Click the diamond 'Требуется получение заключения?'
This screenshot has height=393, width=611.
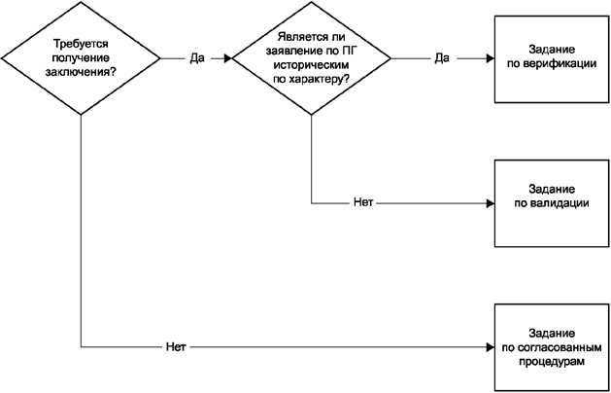82,58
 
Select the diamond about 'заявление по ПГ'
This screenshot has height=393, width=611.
312,58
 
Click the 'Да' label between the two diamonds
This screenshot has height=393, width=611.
196,58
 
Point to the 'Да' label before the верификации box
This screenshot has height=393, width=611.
441,58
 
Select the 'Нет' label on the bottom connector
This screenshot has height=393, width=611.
176,346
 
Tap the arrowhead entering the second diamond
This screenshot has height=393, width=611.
228,58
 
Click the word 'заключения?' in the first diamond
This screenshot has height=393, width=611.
82,71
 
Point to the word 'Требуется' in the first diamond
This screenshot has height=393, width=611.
82,45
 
